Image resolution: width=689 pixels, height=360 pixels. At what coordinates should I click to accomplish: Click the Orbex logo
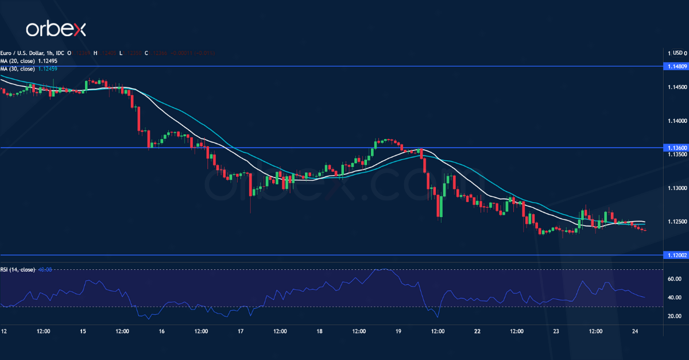pyautogui.click(x=55, y=29)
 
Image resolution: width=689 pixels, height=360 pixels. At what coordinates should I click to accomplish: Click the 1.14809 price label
pyautogui.click(x=676, y=67)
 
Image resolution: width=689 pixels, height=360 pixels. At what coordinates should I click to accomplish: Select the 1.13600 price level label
pyautogui.click(x=676, y=148)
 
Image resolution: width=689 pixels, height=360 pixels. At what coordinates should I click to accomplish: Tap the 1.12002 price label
pyautogui.click(x=676, y=255)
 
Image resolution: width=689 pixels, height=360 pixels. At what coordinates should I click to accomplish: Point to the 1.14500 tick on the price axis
pyautogui.click(x=675, y=87)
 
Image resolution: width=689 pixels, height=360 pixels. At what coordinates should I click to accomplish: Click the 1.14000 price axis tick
pyautogui.click(x=675, y=121)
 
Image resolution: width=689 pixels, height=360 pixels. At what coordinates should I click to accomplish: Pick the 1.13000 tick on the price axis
pyautogui.click(x=675, y=188)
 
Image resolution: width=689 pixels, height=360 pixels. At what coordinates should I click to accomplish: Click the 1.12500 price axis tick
pyautogui.click(x=675, y=222)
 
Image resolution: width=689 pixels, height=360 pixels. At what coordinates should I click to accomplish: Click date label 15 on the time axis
pyautogui.click(x=83, y=331)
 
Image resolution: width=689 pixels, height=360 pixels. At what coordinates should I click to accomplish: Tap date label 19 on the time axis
pyautogui.click(x=398, y=331)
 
